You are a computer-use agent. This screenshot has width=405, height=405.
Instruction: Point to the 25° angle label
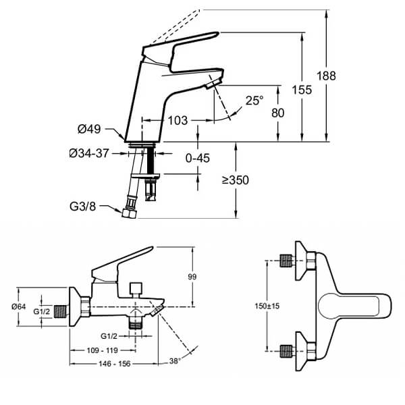254,101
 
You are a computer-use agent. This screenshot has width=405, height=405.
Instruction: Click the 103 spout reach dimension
177,120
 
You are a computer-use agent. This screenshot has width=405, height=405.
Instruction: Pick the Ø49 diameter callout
89,130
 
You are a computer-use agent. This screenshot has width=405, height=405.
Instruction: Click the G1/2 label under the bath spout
111,335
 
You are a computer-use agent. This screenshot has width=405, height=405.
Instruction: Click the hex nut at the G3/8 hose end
130,213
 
